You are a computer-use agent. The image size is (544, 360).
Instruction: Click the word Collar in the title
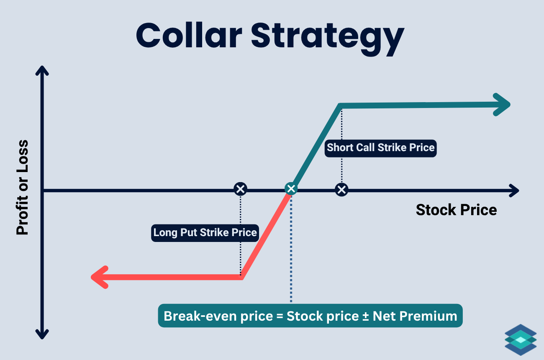pos(189,36)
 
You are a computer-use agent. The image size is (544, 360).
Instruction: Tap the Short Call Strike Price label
pos(380,148)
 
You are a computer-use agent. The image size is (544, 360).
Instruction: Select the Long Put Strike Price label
pos(205,232)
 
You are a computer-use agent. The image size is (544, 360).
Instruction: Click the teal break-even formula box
pos(310,316)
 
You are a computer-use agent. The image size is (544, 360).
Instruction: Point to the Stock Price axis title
pos(456,210)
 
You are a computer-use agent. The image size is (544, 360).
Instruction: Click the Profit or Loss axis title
pos(22,188)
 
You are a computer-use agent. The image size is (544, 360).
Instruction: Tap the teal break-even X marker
pos(291,189)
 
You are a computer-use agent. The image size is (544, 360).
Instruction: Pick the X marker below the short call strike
pos(342,190)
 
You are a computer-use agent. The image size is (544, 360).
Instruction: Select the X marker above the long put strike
pos(240,189)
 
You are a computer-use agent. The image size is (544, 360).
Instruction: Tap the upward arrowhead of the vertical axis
pos(41,71)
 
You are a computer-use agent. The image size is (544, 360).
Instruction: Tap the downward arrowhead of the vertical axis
pos(41,333)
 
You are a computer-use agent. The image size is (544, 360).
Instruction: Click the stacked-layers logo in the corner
pos(520,340)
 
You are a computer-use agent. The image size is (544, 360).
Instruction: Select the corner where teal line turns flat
pos(341,105)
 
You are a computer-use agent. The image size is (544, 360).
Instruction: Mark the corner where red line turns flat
pos(241,277)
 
